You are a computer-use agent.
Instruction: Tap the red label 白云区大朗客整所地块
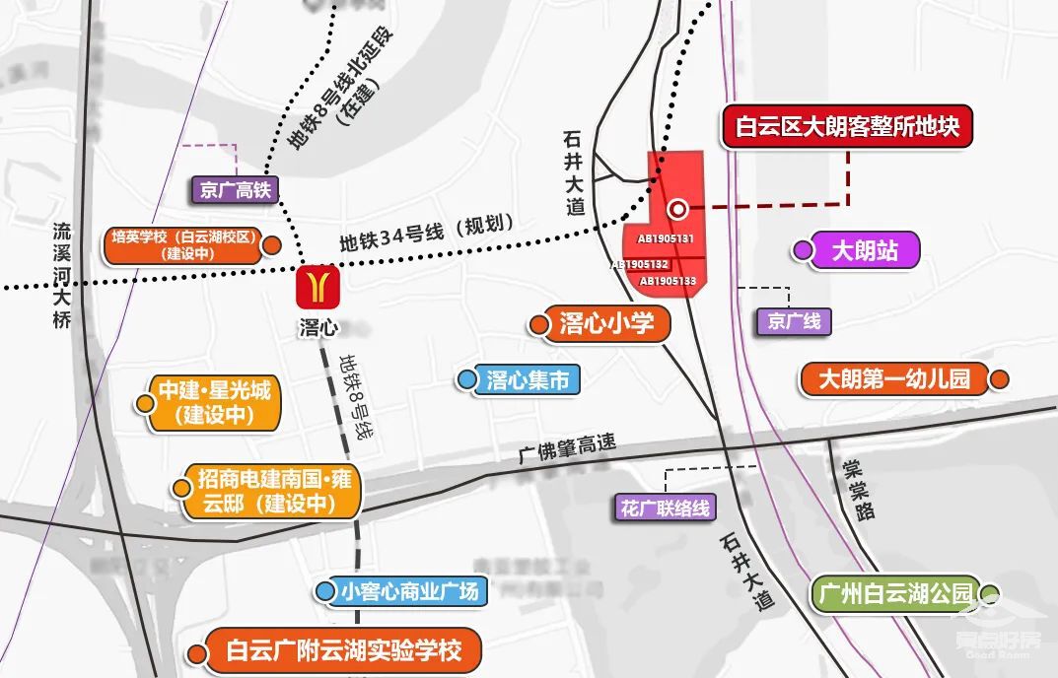847,127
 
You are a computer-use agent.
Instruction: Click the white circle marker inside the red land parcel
677,209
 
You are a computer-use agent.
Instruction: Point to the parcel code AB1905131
666,238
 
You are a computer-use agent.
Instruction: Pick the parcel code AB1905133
668,281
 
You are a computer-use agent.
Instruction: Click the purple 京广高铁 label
235,189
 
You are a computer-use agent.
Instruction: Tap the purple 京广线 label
794,321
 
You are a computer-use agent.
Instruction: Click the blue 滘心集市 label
528,379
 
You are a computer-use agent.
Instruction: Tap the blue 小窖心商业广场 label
409,591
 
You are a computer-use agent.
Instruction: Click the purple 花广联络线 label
666,508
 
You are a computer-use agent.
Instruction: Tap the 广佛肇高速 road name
568,449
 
